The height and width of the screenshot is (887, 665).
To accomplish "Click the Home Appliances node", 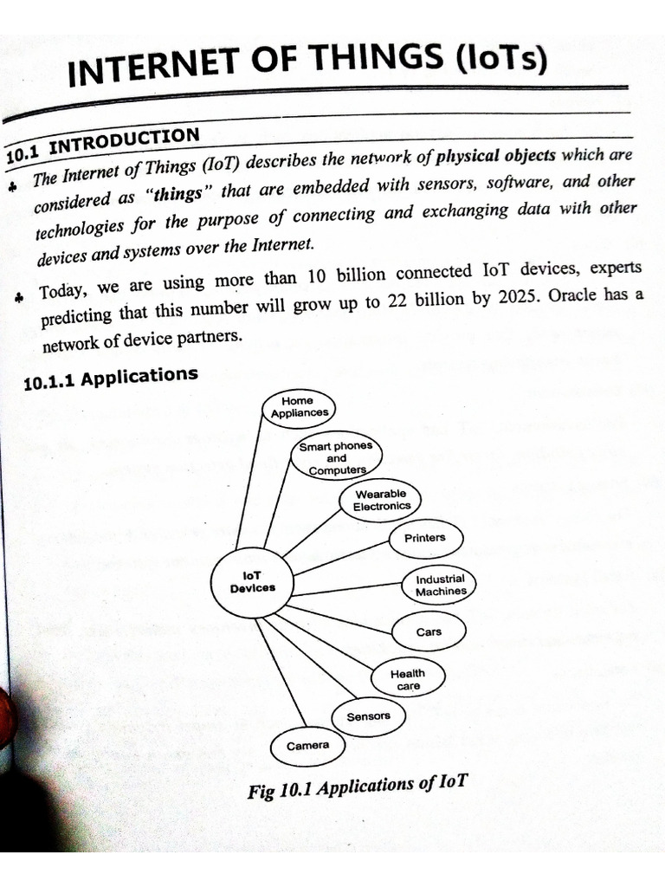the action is click(298, 407).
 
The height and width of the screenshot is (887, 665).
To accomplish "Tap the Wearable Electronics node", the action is click(381, 500).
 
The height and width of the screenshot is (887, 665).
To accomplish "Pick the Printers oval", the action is click(424, 538).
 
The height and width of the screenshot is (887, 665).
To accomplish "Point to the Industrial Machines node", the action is click(440, 586).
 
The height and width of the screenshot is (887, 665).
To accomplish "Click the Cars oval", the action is click(429, 631).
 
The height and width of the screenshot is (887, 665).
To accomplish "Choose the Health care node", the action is click(408, 679).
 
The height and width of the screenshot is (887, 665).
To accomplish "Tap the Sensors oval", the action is click(368, 716).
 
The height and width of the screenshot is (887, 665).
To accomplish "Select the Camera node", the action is click(307, 745).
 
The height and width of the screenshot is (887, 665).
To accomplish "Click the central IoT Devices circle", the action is click(253, 581).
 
